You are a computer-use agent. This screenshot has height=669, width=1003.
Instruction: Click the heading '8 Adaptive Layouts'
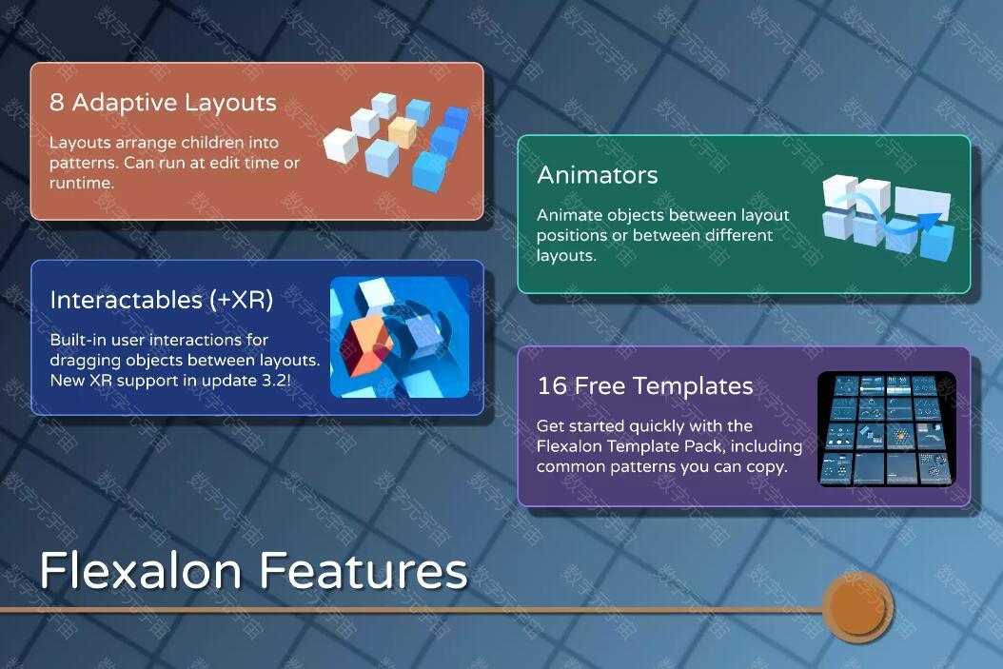pyautogui.click(x=163, y=103)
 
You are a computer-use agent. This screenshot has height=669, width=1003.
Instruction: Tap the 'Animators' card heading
pyautogui.click(x=598, y=174)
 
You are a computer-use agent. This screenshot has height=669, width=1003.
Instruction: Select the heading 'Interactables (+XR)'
pyautogui.click(x=161, y=300)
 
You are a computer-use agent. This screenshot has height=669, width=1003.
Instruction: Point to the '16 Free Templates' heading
pyautogui.click(x=645, y=385)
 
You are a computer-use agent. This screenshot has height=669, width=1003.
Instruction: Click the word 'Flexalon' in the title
pyautogui.click(x=140, y=570)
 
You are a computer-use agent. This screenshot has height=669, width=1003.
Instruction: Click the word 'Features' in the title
pyautogui.click(x=364, y=570)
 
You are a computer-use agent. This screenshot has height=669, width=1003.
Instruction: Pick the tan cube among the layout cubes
pyautogui.click(x=403, y=131)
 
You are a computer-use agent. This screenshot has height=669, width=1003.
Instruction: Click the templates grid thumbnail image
pyautogui.click(x=887, y=428)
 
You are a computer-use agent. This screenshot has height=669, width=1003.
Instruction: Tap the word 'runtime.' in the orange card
pyautogui.click(x=82, y=183)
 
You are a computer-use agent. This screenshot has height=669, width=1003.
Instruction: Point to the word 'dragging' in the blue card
pyautogui.click(x=85, y=361)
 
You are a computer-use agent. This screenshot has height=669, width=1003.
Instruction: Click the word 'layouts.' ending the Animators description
pyautogui.click(x=566, y=256)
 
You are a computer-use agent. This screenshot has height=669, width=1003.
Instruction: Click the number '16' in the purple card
pyautogui.click(x=552, y=385)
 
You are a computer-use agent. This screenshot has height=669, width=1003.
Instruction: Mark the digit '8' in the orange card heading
pyautogui.click(x=57, y=103)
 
